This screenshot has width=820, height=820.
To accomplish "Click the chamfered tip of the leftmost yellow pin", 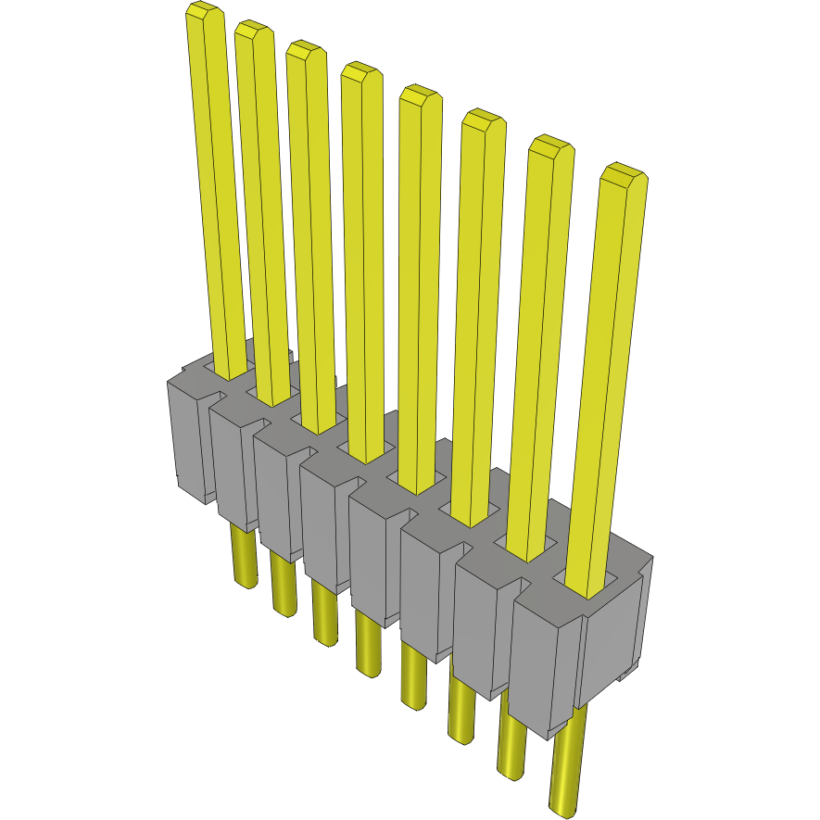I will click(x=204, y=13).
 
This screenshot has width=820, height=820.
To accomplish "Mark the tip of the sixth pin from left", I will click(x=483, y=120).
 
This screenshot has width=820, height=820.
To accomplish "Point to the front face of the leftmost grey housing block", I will click(x=185, y=435).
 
